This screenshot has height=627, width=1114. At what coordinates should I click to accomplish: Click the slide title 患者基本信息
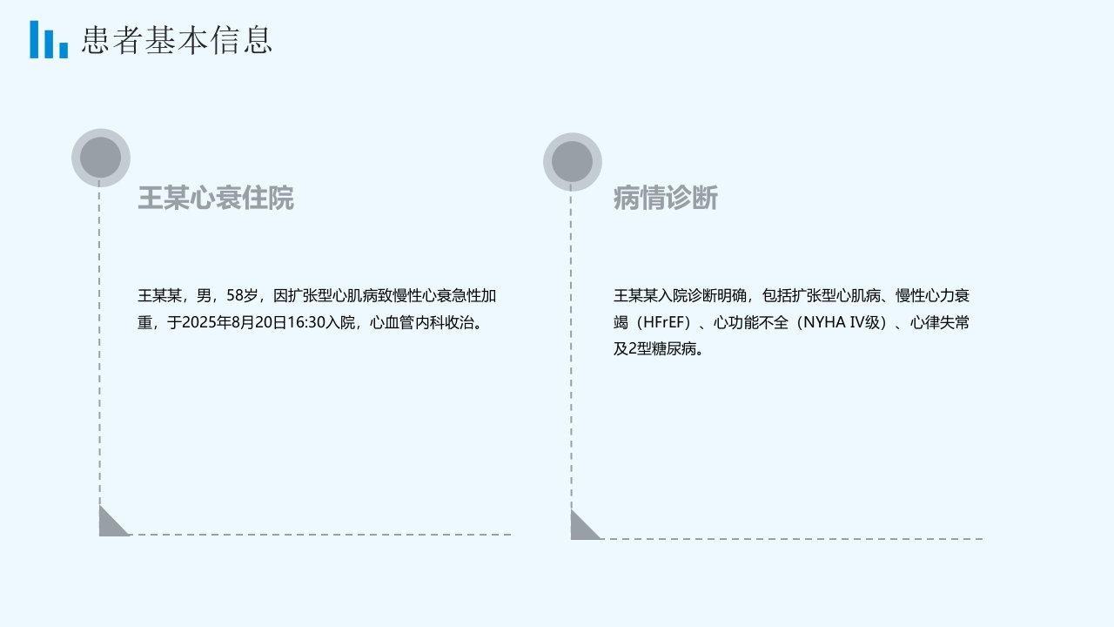[x=177, y=40]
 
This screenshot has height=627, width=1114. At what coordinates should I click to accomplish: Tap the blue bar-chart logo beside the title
[x=49, y=39]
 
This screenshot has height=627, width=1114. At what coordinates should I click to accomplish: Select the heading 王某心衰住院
[x=216, y=198]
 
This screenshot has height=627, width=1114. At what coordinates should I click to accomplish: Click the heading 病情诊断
[x=666, y=198]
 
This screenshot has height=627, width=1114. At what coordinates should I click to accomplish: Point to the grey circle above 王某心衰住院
[x=101, y=158]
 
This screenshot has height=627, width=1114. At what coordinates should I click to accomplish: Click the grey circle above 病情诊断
[x=573, y=162]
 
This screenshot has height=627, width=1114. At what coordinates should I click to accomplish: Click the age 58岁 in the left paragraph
[x=242, y=295]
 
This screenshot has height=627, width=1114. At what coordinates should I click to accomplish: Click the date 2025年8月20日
[x=235, y=322]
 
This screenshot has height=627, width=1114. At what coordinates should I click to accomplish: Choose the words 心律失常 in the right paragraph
[x=940, y=322]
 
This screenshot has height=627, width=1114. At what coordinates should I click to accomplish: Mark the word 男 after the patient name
[x=204, y=295]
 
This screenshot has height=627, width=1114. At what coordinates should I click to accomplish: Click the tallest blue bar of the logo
[x=34, y=39]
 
